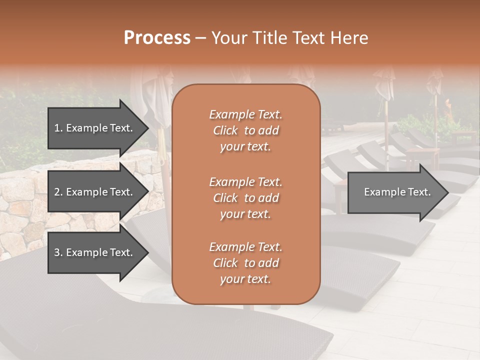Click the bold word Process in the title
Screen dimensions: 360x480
click(156, 38)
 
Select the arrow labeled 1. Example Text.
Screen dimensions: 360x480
click(95, 128)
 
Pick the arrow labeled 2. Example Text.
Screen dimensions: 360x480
click(95, 192)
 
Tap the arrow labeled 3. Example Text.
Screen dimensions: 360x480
click(95, 252)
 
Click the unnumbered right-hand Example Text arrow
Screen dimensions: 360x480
click(395, 192)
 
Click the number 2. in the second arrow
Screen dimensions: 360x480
click(58, 192)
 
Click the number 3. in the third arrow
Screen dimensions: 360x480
click(58, 252)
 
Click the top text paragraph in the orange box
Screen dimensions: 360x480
click(245, 130)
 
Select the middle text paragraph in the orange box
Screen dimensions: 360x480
click(245, 197)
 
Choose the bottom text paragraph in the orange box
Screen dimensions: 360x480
click(245, 262)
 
